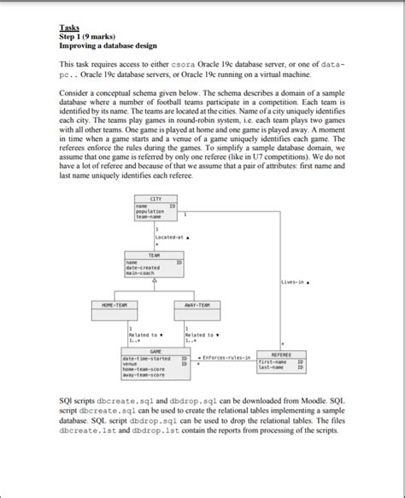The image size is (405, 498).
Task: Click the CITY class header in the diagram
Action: click(x=156, y=199)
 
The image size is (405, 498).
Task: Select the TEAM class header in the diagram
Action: click(x=155, y=255)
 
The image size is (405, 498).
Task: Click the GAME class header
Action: click(x=155, y=351)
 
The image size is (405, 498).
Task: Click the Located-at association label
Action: click(x=171, y=237)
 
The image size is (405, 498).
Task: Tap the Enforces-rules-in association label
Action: click(x=225, y=356)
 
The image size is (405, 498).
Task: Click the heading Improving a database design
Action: click(x=105, y=45)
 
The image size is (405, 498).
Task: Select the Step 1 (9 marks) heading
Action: click(x=88, y=37)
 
